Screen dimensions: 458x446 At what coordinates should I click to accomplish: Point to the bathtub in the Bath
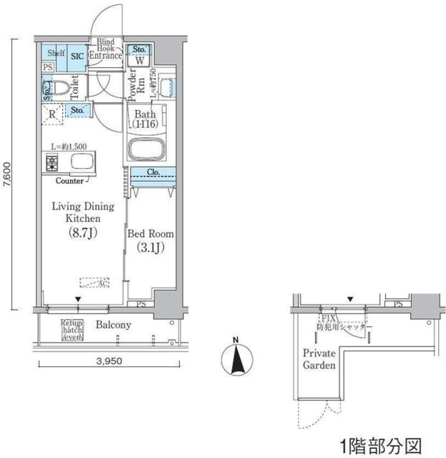[149, 150]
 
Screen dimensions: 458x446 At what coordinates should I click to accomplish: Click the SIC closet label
[77, 56]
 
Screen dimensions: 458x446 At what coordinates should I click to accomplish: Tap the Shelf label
[56, 53]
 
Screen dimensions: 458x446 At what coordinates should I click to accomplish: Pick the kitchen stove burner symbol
[51, 162]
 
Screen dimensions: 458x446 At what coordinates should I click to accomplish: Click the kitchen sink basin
[81, 162]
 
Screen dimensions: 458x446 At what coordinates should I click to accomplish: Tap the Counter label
[70, 181]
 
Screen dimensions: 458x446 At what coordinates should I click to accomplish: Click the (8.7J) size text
[83, 232]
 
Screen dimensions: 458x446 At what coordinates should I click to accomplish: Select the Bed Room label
[151, 234]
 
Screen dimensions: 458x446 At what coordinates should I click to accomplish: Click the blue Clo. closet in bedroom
[153, 173]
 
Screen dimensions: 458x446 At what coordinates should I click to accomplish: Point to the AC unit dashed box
[94, 282]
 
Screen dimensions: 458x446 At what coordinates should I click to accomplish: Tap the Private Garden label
[319, 360]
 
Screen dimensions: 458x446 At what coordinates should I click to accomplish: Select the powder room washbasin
[166, 87]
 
